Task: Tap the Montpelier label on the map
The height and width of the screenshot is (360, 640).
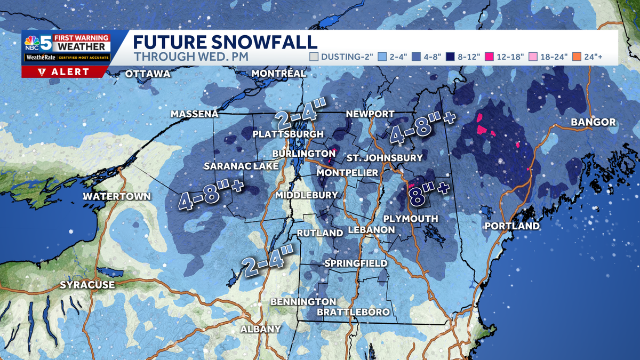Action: pos(347,173)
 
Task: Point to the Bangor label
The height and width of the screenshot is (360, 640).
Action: pos(593,122)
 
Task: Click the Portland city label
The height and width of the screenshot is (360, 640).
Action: pos(512,226)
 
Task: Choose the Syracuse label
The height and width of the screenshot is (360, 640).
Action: pos(87,285)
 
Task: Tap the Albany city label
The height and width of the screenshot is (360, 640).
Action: pos(260,329)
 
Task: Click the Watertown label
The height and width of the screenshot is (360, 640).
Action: pos(117,196)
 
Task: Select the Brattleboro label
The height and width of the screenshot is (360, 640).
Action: pos(353,312)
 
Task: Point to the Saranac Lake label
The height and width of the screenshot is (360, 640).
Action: pos(241,166)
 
